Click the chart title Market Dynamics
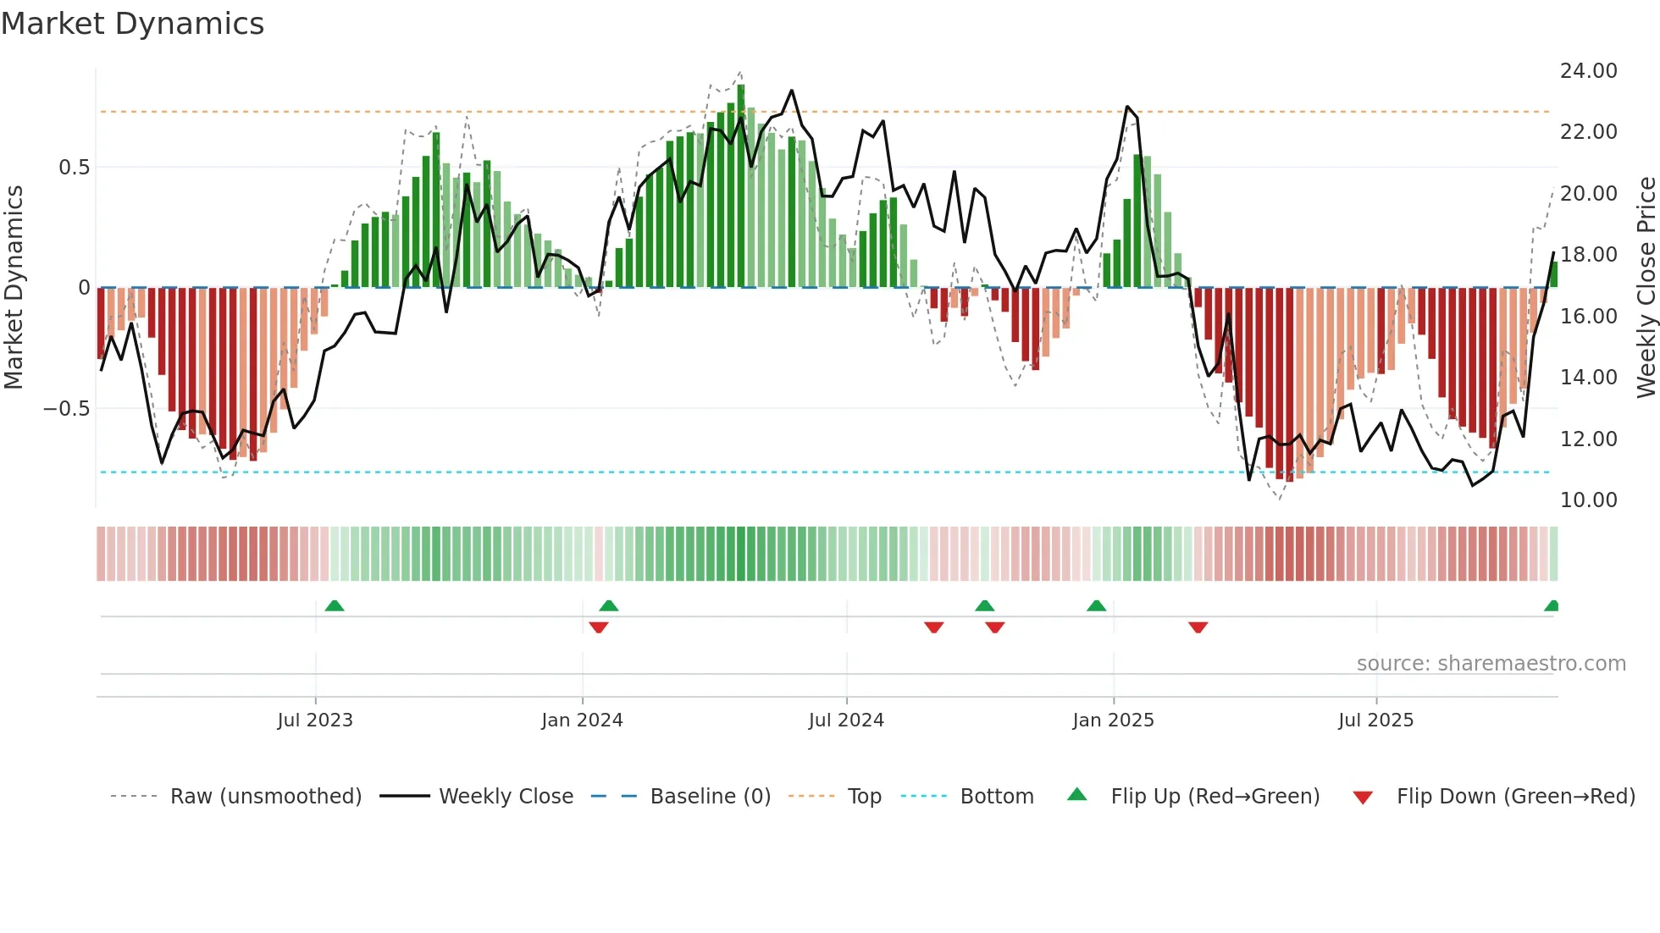click(x=133, y=24)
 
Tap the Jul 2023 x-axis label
click(x=315, y=720)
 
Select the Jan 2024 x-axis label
click(x=582, y=720)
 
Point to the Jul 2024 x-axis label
click(x=846, y=720)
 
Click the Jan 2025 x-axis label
click(x=1113, y=720)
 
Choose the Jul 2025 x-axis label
click(x=1375, y=720)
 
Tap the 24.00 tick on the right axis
click(x=1588, y=71)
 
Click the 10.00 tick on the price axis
click(x=1588, y=500)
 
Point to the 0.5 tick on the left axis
click(x=74, y=168)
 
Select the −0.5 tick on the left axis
click(x=67, y=409)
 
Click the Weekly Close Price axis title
click(x=1646, y=288)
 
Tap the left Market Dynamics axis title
click(x=14, y=288)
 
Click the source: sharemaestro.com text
click(x=1491, y=664)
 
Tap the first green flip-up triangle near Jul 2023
click(x=335, y=606)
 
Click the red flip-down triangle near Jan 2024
click(x=598, y=627)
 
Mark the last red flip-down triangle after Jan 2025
click(x=1198, y=627)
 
